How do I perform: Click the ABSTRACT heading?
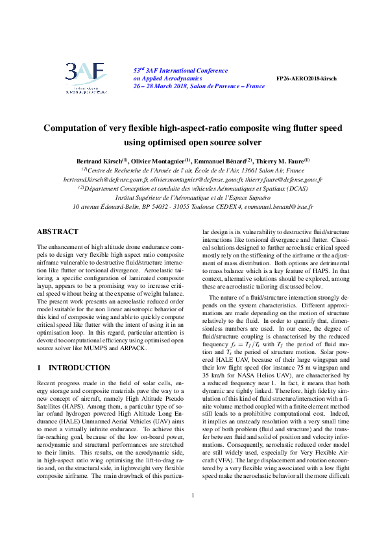click(x=58, y=231)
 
